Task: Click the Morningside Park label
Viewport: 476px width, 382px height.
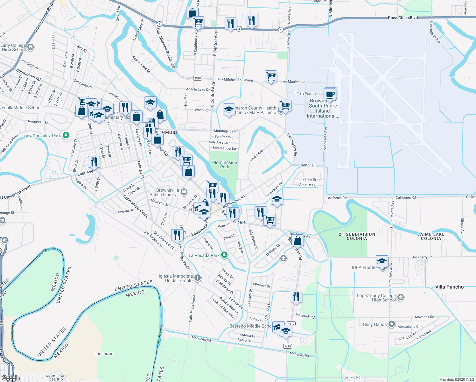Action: click(224, 165)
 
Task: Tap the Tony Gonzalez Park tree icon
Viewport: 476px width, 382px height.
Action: click(66, 135)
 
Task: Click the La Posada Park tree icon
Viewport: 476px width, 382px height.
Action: click(224, 255)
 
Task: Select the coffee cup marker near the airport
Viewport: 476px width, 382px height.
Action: click(330, 95)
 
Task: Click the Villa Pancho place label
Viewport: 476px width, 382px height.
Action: click(449, 287)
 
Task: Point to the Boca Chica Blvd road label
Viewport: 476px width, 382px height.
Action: click(402, 18)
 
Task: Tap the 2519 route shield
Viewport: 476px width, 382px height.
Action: click(197, 78)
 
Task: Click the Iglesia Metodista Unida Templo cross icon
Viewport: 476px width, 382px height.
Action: click(198, 278)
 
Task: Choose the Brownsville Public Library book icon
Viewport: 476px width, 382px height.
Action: click(184, 192)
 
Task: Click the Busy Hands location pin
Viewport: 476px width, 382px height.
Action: click(392, 324)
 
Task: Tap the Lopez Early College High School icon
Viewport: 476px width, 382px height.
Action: click(401, 298)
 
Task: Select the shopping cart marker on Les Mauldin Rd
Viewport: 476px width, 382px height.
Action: click(271, 77)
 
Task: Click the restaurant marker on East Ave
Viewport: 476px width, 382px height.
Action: click(94, 162)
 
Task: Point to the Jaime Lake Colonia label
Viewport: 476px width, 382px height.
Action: click(431, 236)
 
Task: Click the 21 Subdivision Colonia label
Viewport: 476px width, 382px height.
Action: click(357, 236)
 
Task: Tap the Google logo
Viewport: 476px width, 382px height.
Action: click(10, 378)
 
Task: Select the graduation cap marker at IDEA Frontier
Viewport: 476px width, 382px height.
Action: click(381, 262)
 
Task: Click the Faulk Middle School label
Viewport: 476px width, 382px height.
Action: click(21, 108)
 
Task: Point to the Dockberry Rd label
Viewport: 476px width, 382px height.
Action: click(422, 257)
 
